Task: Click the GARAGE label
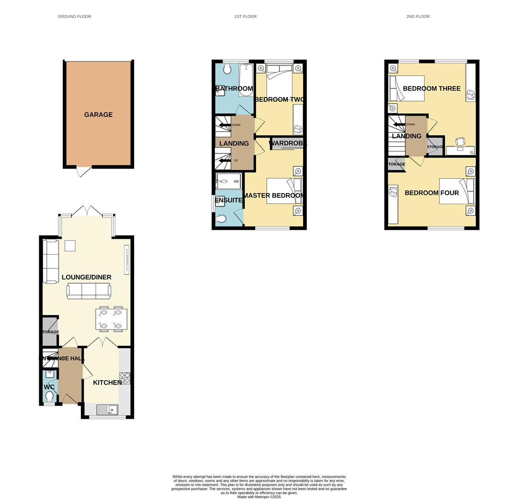click(x=98, y=115)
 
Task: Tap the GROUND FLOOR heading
click(x=74, y=17)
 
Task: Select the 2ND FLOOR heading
click(x=418, y=17)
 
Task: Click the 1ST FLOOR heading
click(x=245, y=17)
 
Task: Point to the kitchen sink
click(x=107, y=409)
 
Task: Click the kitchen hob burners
click(x=125, y=378)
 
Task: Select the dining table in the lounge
click(x=111, y=319)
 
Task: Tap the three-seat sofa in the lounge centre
click(x=89, y=291)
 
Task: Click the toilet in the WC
click(x=49, y=396)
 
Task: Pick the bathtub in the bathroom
click(x=245, y=80)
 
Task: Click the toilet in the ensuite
click(x=221, y=219)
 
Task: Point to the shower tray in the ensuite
click(x=228, y=182)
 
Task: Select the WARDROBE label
click(x=287, y=143)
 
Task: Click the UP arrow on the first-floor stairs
click(x=225, y=160)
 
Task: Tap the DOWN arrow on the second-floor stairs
click(x=398, y=124)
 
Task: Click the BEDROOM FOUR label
click(x=432, y=193)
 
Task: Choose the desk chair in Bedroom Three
click(x=460, y=141)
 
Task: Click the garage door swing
click(x=84, y=171)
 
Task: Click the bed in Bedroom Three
click(x=407, y=88)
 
